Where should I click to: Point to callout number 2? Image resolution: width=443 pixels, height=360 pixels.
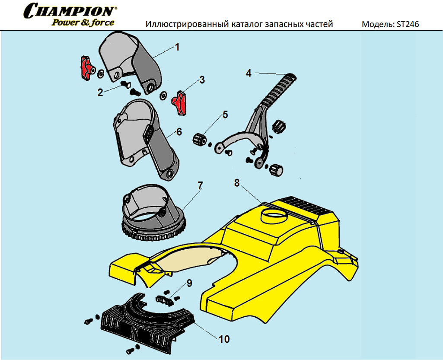pyautogui.click(x=100, y=92)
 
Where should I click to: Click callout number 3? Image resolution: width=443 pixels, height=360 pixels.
pyautogui.click(x=202, y=80)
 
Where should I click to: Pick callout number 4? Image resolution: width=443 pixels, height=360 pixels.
pyautogui.click(x=249, y=73)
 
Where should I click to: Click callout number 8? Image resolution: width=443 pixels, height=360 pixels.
pyautogui.click(x=236, y=183)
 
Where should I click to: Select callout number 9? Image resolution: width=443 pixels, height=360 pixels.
pyautogui.click(x=189, y=284)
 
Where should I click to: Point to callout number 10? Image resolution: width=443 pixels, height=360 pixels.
pyautogui.click(x=224, y=339)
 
